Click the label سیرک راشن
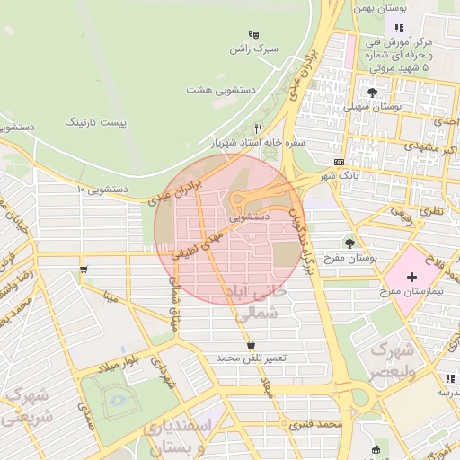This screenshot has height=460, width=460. [253, 47]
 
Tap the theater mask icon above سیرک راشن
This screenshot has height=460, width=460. [254, 33]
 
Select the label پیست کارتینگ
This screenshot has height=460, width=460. [95, 120]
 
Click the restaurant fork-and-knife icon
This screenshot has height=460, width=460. [259, 128]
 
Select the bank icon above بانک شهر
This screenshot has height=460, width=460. [338, 162]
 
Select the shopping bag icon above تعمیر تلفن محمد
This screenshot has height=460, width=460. [250, 344]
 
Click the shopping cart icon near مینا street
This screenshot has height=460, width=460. [84, 268]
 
